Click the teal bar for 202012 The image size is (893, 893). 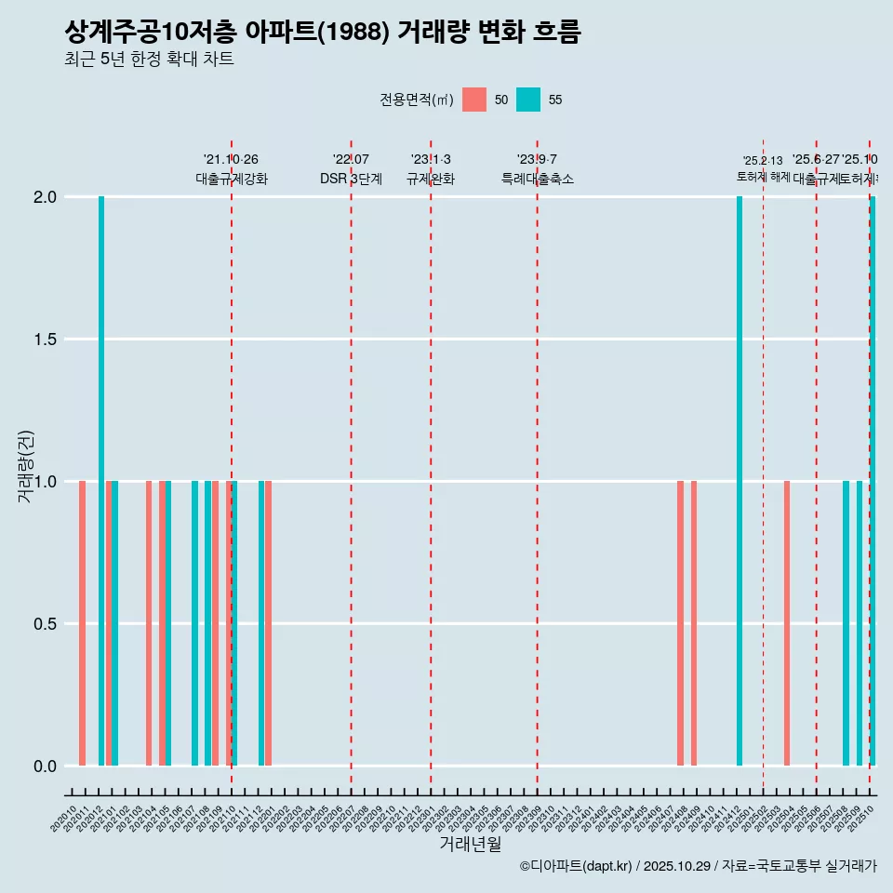[x=101, y=481]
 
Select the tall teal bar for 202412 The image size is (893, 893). [x=740, y=481]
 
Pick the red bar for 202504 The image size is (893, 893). [x=787, y=623]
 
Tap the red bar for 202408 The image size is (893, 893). [x=680, y=623]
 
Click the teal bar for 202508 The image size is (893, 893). [x=846, y=623]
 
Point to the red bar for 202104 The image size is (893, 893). [x=149, y=623]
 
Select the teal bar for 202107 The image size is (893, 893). [x=194, y=623]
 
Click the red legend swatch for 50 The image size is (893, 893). [x=474, y=100]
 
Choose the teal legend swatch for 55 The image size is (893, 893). [x=528, y=100]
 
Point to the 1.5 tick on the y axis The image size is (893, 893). [x=45, y=340]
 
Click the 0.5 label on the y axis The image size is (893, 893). [x=45, y=624]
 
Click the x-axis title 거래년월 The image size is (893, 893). [x=470, y=845]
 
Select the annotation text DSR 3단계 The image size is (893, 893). [x=351, y=179]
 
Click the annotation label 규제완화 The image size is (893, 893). [x=431, y=179]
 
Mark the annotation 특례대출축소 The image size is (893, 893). [x=538, y=179]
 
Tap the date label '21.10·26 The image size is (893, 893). [x=231, y=159]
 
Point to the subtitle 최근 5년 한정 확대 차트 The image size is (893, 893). [x=149, y=60]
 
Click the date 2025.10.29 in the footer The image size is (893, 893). [x=677, y=866]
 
